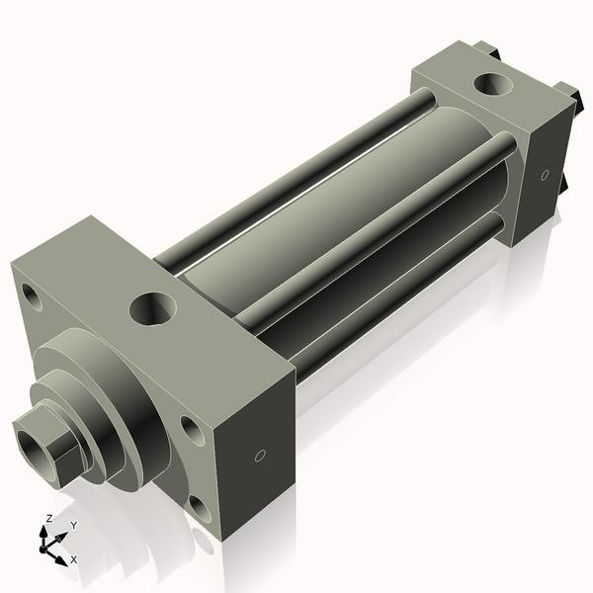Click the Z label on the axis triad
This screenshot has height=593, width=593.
[x=49, y=518]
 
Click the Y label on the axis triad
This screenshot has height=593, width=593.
[x=72, y=524]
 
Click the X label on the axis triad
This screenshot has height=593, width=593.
[x=73, y=559]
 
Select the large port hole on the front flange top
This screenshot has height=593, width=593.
[x=153, y=309]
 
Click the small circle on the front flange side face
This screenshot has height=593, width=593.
[x=260, y=456]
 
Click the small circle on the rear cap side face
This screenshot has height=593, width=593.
[x=545, y=175]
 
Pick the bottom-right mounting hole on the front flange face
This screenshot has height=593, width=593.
[x=201, y=510]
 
